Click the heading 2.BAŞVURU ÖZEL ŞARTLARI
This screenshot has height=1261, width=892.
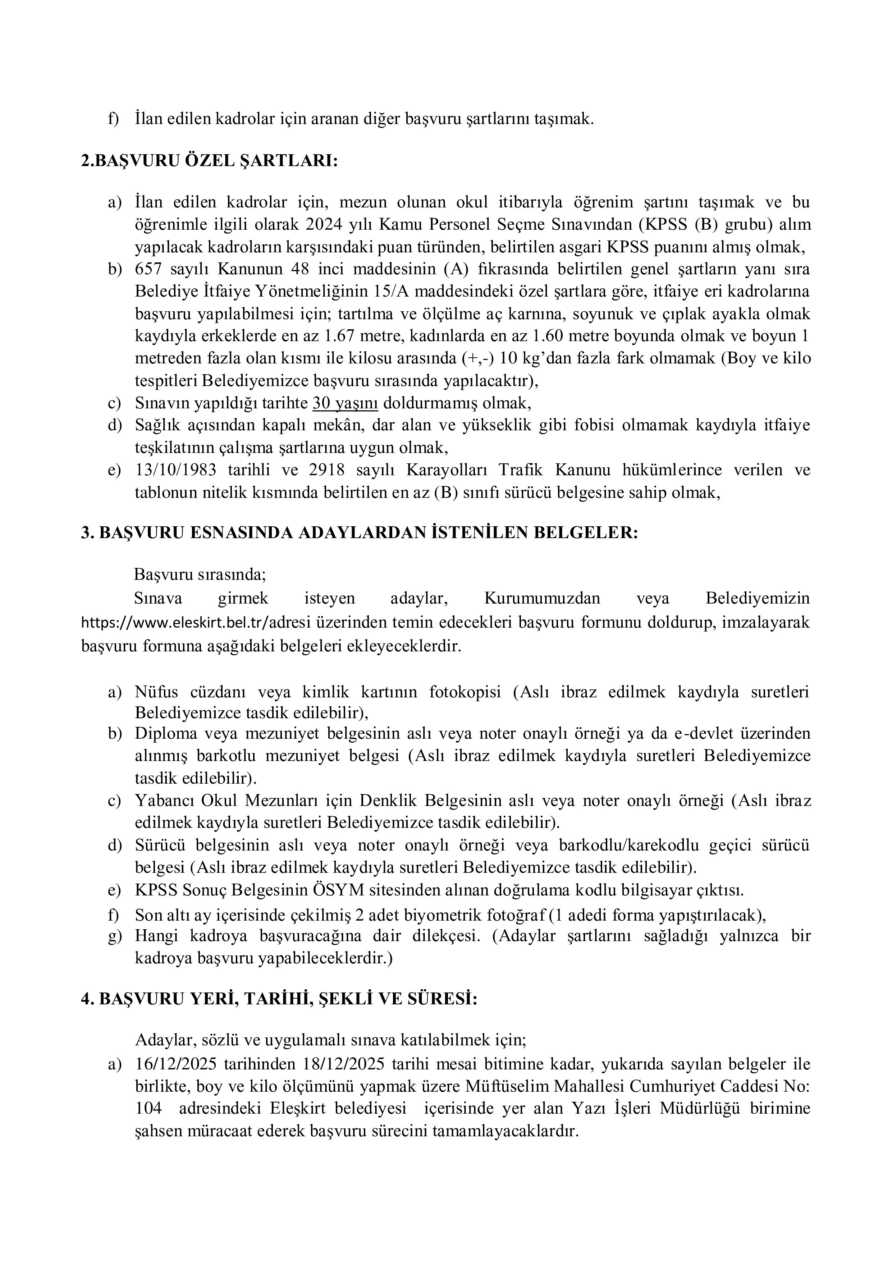(209, 161)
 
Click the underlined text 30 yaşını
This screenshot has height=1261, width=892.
(345, 403)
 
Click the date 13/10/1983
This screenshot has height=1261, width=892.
(175, 470)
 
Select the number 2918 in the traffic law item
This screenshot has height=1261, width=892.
(328, 470)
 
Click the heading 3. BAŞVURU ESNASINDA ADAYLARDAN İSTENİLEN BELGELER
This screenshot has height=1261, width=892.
(360, 533)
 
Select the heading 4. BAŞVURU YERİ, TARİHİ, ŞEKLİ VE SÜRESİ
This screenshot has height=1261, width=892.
(279, 999)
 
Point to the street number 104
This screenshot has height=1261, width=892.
(148, 1109)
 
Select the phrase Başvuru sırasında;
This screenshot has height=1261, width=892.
(200, 575)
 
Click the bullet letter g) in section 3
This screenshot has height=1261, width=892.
(115, 936)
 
